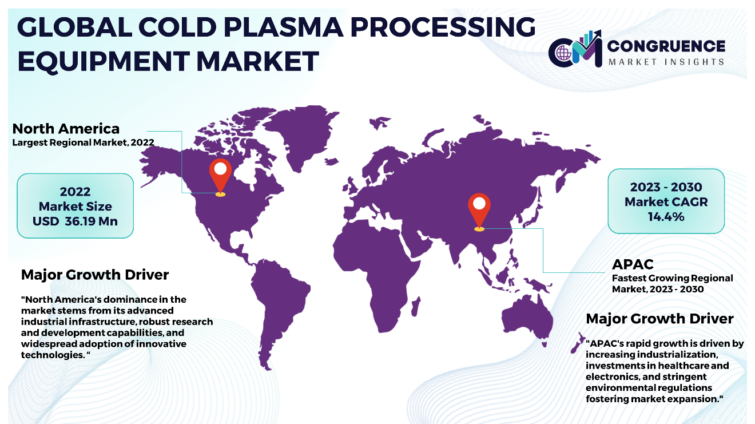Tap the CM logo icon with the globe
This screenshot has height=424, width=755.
point(575,49)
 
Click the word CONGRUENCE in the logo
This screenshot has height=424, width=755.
point(666,46)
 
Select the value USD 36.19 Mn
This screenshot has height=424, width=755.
point(75,221)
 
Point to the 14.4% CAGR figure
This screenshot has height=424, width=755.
point(666,216)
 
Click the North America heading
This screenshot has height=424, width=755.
point(66,129)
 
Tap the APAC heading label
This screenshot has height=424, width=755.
point(633,264)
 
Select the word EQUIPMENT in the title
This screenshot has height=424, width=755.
point(104,61)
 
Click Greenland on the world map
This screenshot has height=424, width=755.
point(300,135)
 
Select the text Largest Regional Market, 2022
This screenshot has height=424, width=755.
point(84,142)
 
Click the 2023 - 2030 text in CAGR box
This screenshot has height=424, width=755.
point(666,187)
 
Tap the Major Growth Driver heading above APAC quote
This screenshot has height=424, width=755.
point(659,319)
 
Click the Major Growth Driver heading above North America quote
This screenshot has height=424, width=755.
point(95,275)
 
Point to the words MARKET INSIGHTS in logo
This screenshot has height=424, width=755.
point(666,62)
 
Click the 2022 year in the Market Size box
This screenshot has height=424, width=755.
point(75,192)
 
